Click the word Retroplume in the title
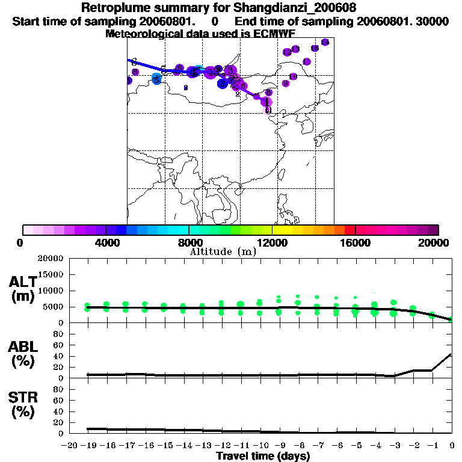click(112, 8)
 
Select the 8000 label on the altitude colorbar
click(189, 242)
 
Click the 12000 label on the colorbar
click(272, 242)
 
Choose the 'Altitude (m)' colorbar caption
click(223, 251)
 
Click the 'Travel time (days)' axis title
click(263, 457)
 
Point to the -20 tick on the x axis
click(71, 446)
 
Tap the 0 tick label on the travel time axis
click(452, 446)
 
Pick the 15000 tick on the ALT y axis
click(51, 274)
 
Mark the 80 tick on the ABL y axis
click(58, 334)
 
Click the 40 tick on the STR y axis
click(58, 411)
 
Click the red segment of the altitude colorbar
click(350, 230)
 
